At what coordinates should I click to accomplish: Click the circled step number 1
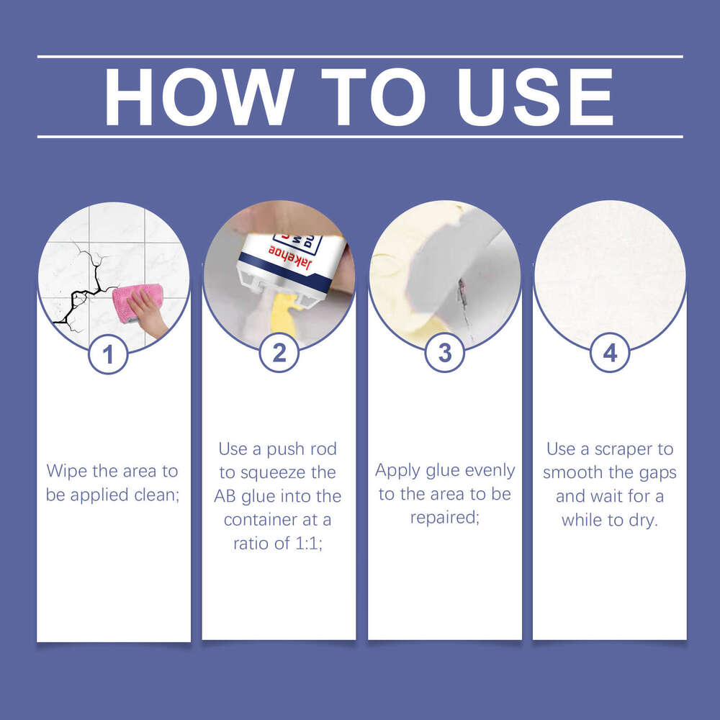point(108,355)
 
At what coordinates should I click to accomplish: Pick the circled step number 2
point(279,353)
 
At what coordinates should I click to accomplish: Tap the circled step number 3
point(445,353)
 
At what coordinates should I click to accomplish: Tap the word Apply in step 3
point(397,471)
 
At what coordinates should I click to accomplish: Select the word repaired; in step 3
point(445,518)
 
